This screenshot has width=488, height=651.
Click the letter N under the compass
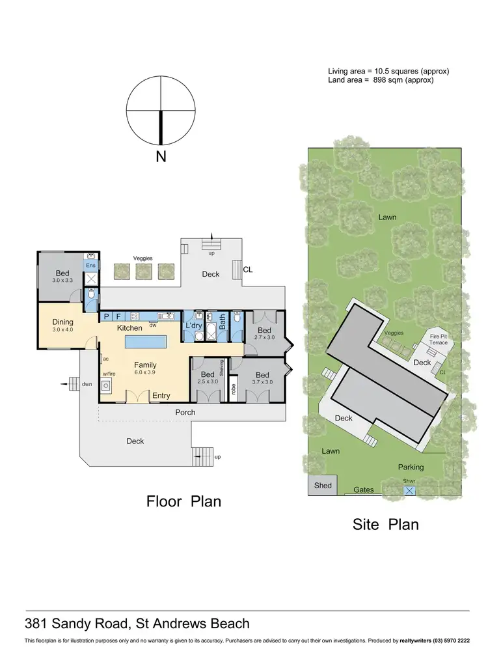pyautogui.click(x=161, y=157)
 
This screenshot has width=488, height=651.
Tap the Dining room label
pyautogui.click(x=63, y=322)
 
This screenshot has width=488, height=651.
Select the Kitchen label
pyautogui.click(x=129, y=328)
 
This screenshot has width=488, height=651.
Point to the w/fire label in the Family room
pyautogui.click(x=109, y=374)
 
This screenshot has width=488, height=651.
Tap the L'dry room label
pyautogui.click(x=193, y=325)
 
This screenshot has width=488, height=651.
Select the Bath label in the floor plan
pyautogui.click(x=222, y=321)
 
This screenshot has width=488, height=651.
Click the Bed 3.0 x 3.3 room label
pyautogui.click(x=62, y=273)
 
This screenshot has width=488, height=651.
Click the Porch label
pyautogui.click(x=185, y=412)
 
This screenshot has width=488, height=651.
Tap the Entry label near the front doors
pyautogui.click(x=161, y=396)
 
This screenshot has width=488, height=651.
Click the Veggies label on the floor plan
pyautogui.click(x=142, y=258)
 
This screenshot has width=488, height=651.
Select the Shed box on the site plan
pyautogui.click(x=323, y=486)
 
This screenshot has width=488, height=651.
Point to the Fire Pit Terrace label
pyautogui.click(x=438, y=339)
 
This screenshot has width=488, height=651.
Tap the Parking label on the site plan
pyautogui.click(x=411, y=467)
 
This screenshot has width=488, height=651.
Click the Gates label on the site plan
pyautogui.click(x=364, y=490)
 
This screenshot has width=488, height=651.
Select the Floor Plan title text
pyautogui.click(x=183, y=501)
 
